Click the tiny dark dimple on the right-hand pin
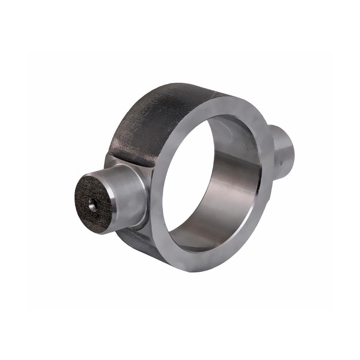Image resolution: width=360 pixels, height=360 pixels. coord(282,163)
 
